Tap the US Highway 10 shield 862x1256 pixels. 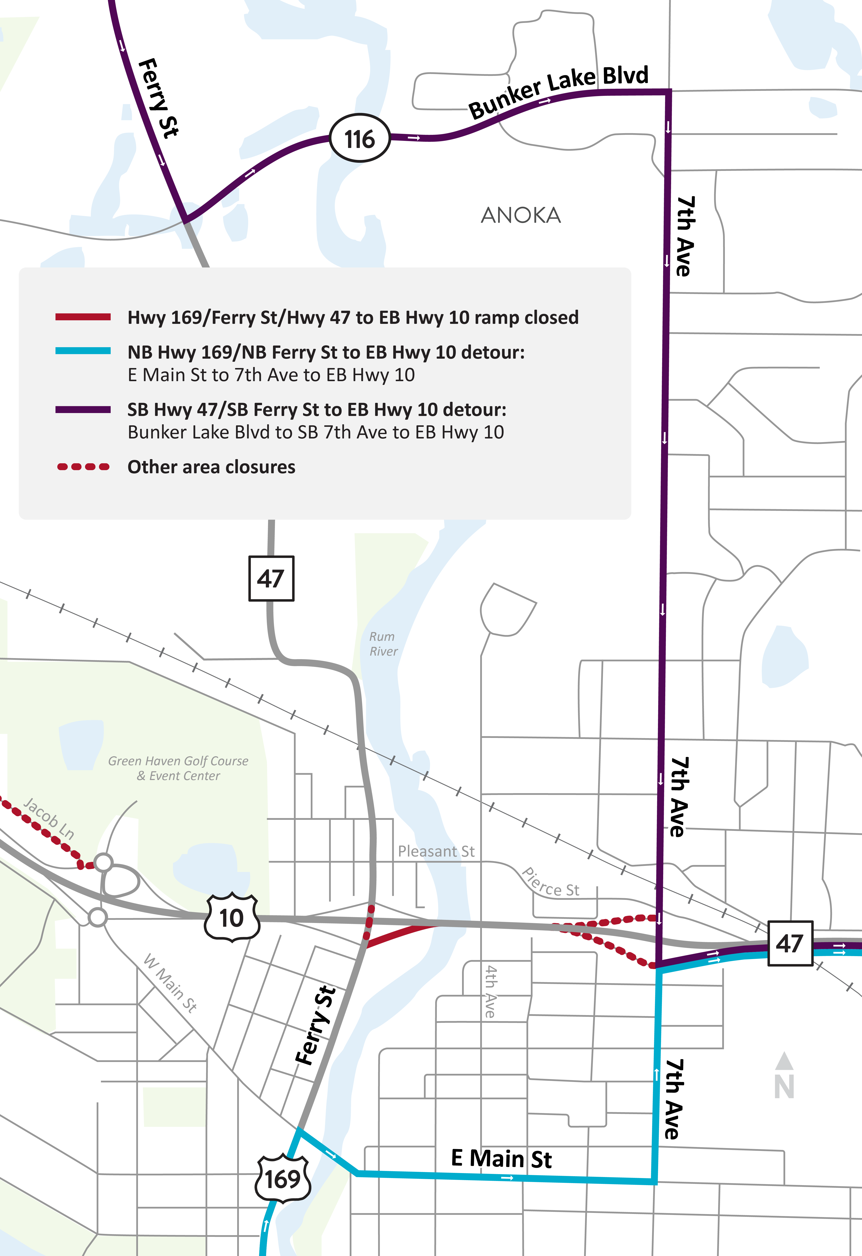232,918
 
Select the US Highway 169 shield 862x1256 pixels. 283,1178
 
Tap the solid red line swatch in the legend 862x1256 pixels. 83,317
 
